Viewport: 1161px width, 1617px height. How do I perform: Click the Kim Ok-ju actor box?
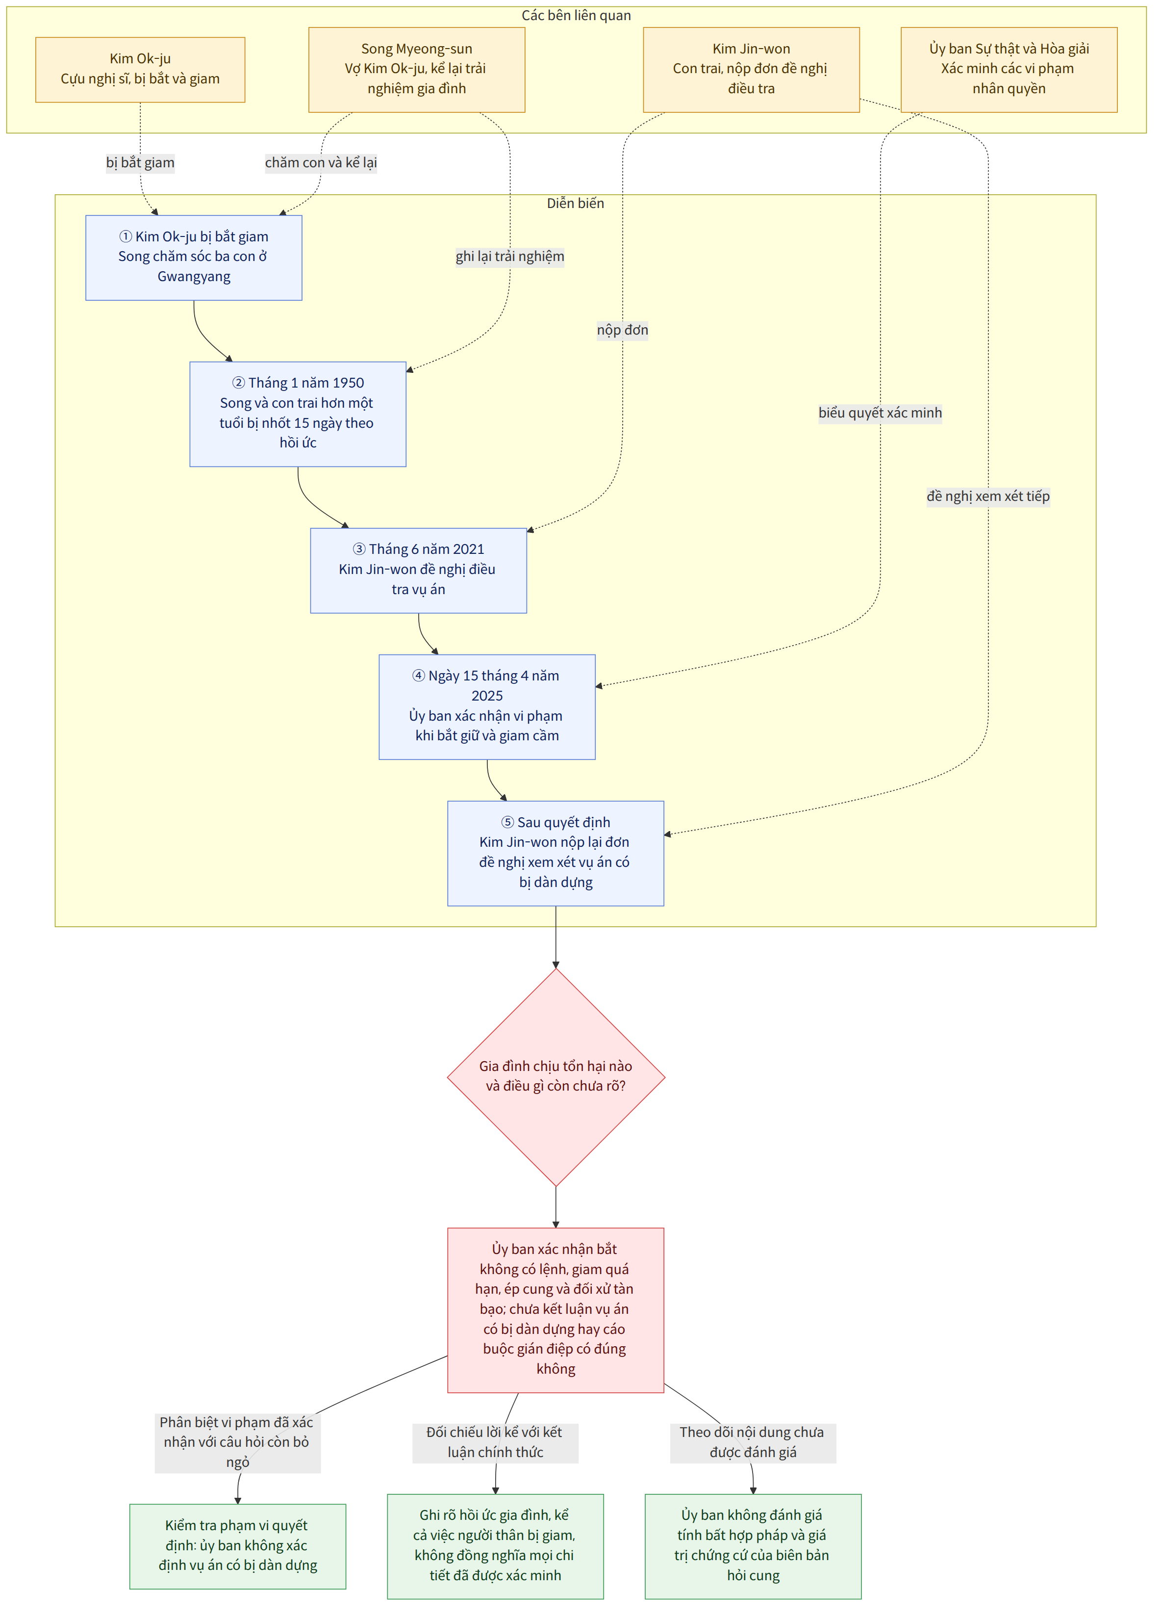(140, 70)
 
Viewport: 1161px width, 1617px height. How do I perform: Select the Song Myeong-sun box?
(416, 70)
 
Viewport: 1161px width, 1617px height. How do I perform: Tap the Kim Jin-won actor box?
(751, 70)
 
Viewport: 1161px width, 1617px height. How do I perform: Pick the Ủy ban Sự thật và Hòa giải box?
(1009, 70)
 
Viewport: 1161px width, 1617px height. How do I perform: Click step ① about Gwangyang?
(194, 258)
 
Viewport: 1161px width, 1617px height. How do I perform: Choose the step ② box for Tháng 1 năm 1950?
(298, 414)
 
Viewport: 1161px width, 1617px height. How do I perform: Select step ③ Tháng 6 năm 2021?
(418, 571)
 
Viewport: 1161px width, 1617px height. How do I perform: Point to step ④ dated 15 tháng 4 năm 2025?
(487, 706)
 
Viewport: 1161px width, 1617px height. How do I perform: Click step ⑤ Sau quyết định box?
(556, 854)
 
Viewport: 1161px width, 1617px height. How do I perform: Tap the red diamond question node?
(556, 1077)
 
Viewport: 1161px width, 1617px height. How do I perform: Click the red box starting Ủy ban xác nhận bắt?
(556, 1310)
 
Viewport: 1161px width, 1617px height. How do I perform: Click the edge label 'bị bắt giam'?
(140, 162)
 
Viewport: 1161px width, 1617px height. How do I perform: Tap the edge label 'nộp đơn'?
(623, 330)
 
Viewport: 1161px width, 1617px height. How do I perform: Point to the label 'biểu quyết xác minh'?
(880, 413)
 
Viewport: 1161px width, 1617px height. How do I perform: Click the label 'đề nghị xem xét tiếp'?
(988, 496)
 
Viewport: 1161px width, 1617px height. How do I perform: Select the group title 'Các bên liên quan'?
(576, 16)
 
